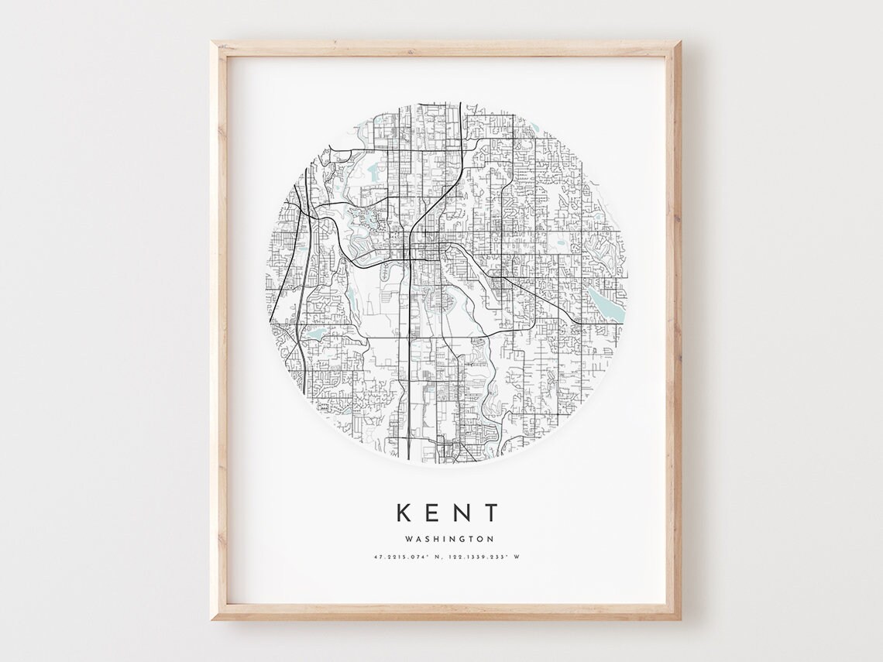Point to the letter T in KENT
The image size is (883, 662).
click(x=493, y=513)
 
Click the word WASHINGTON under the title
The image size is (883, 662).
click(x=448, y=539)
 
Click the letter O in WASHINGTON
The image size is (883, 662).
click(x=481, y=539)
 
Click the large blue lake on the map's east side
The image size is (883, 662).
click(x=605, y=304)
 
